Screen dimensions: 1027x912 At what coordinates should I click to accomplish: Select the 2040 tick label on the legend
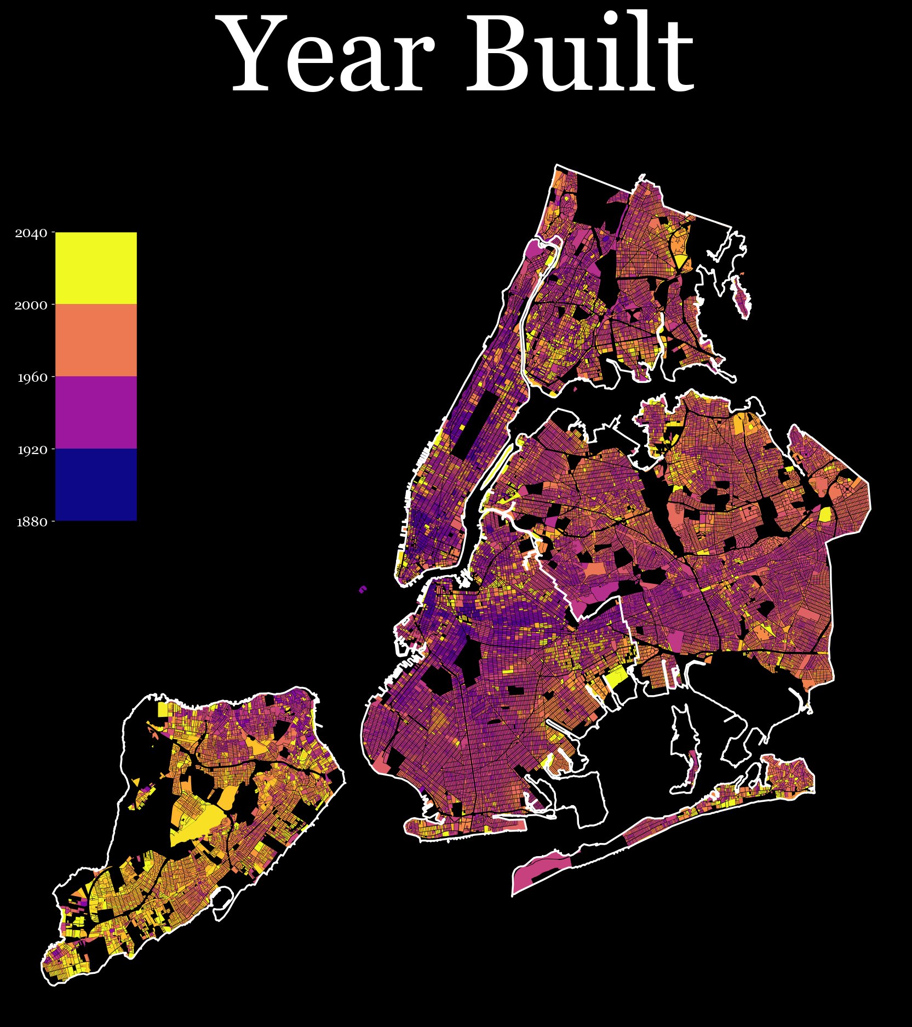coord(31,233)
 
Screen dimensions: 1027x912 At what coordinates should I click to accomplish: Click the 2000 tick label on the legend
coord(31,306)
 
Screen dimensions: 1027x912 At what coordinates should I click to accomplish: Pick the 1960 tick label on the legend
coord(31,378)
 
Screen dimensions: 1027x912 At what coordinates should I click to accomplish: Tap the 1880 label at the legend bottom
coord(31,522)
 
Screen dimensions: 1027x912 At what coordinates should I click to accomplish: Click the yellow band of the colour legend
coord(96,268)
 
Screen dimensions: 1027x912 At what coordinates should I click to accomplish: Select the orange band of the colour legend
coord(96,340)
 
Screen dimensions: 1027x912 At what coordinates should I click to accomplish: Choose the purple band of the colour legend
coord(96,412)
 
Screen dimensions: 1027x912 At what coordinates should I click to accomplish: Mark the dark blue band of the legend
coord(96,485)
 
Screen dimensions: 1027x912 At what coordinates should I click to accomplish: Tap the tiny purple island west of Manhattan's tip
coord(363,589)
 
